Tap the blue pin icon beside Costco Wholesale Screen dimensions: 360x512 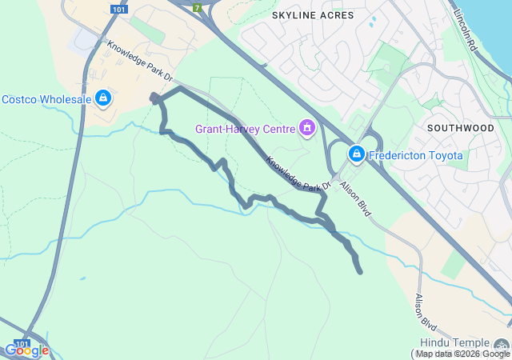click(x=102, y=98)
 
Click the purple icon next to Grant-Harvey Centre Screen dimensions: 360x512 click(x=306, y=127)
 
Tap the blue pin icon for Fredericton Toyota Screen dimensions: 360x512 click(x=356, y=154)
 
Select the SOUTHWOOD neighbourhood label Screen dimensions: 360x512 click(x=460, y=127)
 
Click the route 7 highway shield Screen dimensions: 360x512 click(x=197, y=7)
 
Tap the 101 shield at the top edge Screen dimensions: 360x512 click(x=118, y=9)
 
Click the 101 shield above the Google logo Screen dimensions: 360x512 click(x=23, y=342)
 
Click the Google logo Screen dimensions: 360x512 click(x=26, y=350)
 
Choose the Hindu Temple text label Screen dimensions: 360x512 click(x=453, y=342)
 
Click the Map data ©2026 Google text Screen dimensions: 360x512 click(x=462, y=354)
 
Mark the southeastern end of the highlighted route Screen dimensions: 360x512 click(x=360, y=271)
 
